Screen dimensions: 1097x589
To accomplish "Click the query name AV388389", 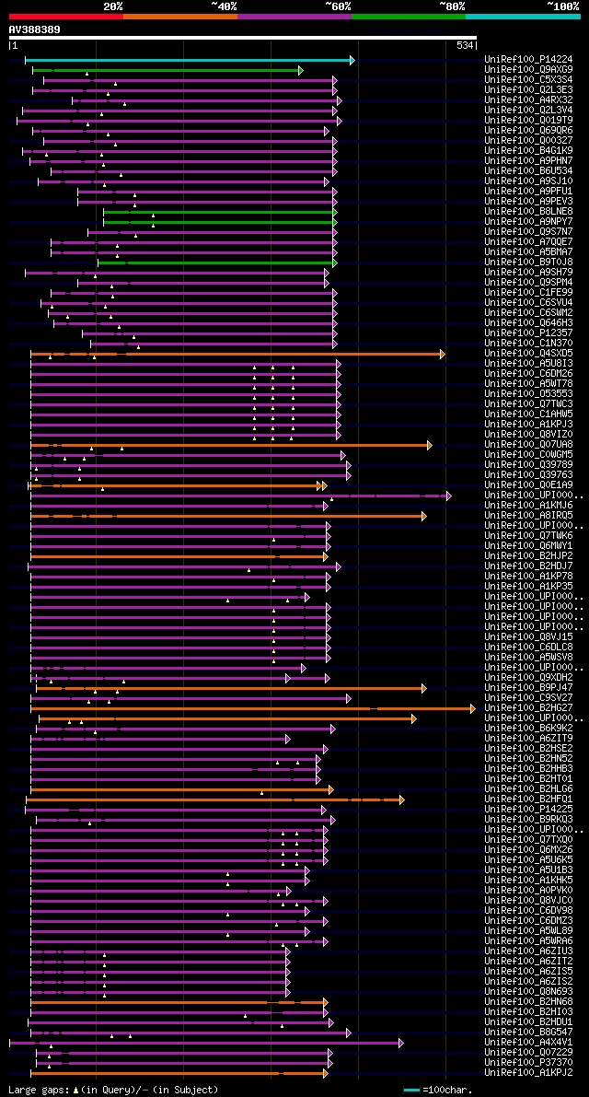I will pyautogui.click(x=35, y=29).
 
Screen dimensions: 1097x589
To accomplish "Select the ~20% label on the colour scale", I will pyautogui.click(x=112, y=6).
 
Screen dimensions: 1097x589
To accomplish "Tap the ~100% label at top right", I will pyautogui.click(x=561, y=6).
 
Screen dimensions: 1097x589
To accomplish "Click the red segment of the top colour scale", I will pyautogui.click(x=65, y=16).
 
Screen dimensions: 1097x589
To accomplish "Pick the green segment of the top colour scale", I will pyautogui.click(x=408, y=16).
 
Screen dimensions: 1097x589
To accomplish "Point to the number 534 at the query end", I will pyautogui.click(x=465, y=45).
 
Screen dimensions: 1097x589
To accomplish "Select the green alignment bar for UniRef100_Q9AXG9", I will pyautogui.click(x=166, y=70).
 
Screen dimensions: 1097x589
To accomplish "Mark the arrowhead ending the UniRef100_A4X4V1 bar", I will pyautogui.click(x=400, y=1043).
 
